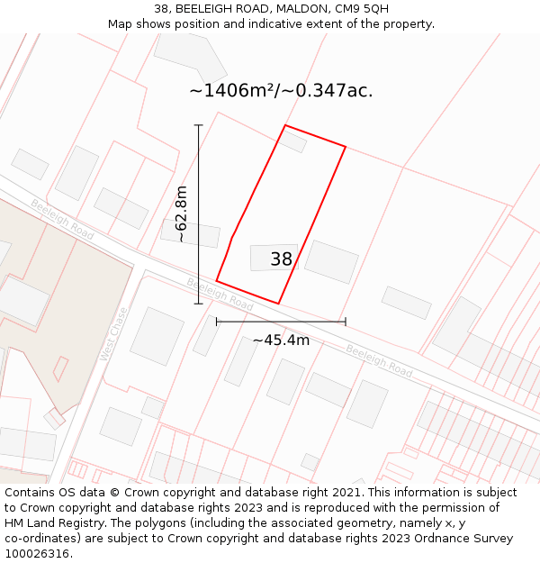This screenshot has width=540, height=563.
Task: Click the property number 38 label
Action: [281, 259]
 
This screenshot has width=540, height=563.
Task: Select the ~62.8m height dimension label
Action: [181, 214]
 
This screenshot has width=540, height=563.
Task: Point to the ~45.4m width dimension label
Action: [281, 340]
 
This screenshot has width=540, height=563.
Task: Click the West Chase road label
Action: [114, 334]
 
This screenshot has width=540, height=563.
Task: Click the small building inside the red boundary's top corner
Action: [292, 141]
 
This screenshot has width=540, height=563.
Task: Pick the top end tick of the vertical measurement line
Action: [199, 125]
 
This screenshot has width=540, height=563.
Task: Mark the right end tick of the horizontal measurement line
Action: [346, 321]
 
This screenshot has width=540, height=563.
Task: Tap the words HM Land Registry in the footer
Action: [48, 523]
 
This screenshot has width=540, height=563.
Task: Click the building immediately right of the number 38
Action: [331, 262]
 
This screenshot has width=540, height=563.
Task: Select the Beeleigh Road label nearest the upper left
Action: [62, 219]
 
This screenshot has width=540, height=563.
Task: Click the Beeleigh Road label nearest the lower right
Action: [379, 361]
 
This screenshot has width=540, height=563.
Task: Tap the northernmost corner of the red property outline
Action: [285, 125]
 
